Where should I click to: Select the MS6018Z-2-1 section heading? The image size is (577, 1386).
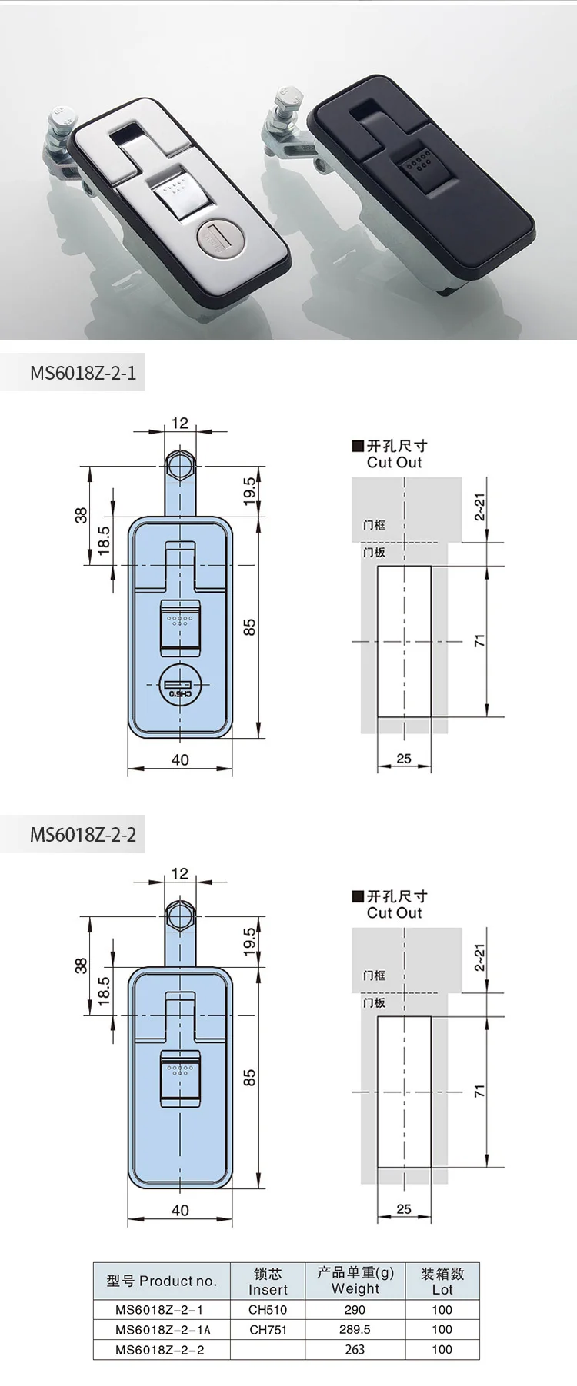click(83, 373)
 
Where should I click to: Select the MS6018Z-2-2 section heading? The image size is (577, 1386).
click(83, 834)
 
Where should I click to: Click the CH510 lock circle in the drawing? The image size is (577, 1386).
click(180, 685)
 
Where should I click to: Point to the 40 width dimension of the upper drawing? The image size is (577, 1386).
click(180, 759)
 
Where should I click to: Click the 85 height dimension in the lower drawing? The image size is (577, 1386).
click(249, 1078)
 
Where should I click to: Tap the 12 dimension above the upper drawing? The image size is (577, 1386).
click(180, 423)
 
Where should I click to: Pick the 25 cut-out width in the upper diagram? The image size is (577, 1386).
click(404, 759)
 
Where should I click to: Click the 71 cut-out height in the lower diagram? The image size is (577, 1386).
click(479, 1091)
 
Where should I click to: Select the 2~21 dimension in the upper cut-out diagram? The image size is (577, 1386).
click(479, 508)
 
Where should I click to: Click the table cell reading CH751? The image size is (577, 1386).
click(268, 1329)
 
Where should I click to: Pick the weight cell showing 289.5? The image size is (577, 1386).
click(355, 1329)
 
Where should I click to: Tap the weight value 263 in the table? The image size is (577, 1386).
click(355, 1349)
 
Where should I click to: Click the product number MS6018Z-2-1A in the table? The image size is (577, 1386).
click(162, 1329)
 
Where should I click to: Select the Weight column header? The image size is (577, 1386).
click(355, 1281)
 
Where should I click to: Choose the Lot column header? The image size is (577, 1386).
click(442, 1281)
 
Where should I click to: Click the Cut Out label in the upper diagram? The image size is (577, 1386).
click(394, 462)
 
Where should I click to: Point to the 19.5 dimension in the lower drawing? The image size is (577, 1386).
click(249, 942)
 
